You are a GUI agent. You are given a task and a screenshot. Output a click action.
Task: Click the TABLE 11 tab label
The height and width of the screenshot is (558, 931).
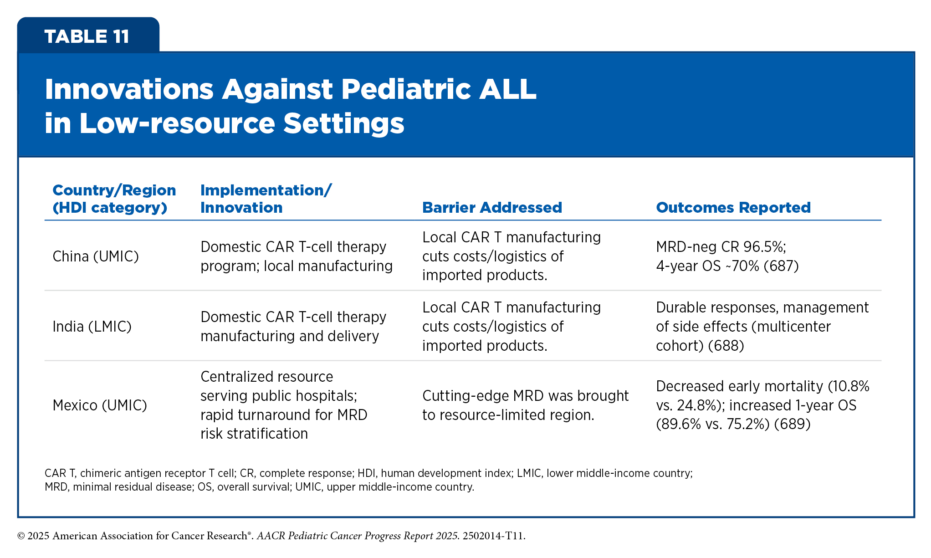[87, 36]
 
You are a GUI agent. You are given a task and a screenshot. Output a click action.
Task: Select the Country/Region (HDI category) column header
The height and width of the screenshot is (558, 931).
[114, 199]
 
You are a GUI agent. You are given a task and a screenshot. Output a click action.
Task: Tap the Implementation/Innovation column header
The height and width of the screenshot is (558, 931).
[266, 199]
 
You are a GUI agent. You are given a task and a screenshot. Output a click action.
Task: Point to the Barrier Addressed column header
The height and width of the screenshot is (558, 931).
[492, 208]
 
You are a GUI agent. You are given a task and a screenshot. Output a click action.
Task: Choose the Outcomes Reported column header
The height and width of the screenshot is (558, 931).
[733, 208]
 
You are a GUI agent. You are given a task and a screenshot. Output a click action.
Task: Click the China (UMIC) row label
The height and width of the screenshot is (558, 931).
[96, 256]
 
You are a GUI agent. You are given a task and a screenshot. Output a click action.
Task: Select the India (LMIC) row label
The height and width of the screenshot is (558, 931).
[92, 327]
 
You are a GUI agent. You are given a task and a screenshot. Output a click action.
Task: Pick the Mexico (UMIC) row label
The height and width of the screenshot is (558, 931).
[100, 405]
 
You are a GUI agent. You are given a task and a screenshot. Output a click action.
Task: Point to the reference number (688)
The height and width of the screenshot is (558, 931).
[726, 346]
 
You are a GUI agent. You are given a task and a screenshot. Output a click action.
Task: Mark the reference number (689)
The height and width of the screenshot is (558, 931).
[793, 424]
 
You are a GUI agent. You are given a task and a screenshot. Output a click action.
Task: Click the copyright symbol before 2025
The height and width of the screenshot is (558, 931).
[21, 536]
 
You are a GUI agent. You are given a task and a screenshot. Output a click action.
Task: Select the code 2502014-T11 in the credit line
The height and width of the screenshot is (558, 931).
[493, 536]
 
